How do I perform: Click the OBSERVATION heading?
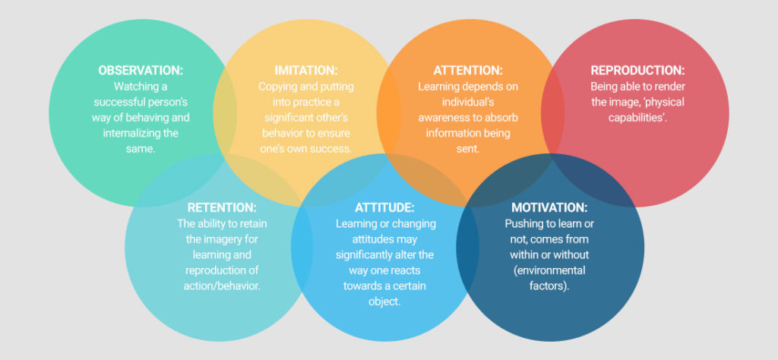141,71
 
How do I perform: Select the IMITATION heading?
305,71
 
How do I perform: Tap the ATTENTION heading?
468,71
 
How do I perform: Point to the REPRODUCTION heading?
637,71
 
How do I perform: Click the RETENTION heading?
222,207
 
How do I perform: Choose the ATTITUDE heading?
384,207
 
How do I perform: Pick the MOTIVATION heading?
549,207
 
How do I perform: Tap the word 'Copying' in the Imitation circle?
274,87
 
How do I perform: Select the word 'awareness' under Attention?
440,118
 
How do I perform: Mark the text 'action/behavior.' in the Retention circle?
222,286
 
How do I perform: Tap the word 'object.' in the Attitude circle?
384,302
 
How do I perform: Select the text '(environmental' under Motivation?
549,270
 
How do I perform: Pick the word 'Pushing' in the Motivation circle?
521,223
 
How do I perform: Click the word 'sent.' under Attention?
468,148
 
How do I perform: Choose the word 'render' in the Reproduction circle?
672,87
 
